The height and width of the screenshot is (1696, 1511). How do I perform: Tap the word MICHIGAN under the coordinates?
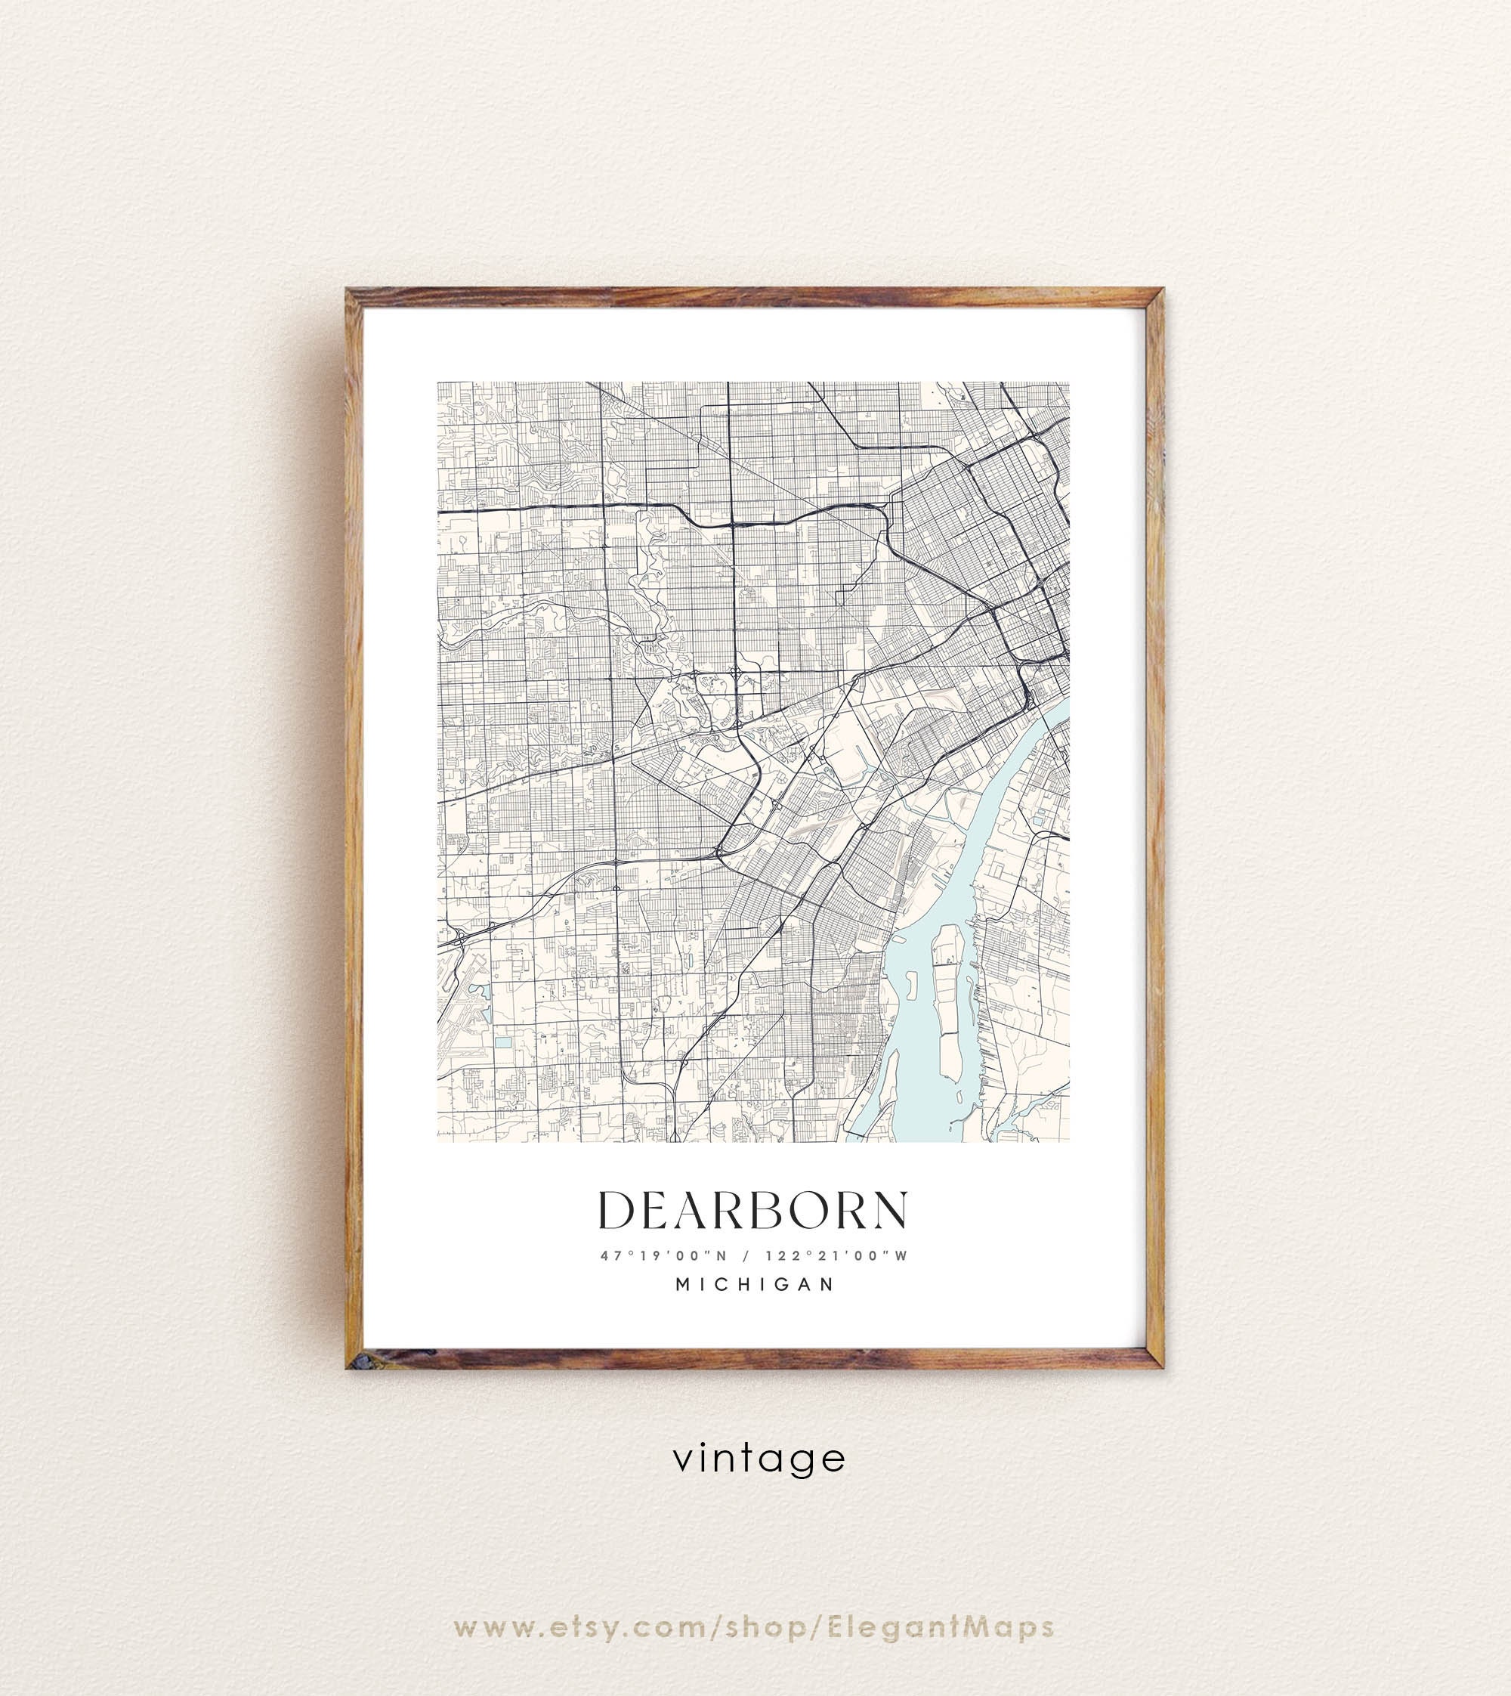755,1284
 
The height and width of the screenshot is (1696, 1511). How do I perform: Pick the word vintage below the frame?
759,1459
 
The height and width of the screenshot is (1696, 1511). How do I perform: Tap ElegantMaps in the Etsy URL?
941,1582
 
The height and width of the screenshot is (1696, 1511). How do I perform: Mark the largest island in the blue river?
948,997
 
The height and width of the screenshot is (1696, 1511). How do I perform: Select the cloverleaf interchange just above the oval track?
737,671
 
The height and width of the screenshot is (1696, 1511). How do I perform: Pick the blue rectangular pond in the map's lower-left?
502,1041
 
